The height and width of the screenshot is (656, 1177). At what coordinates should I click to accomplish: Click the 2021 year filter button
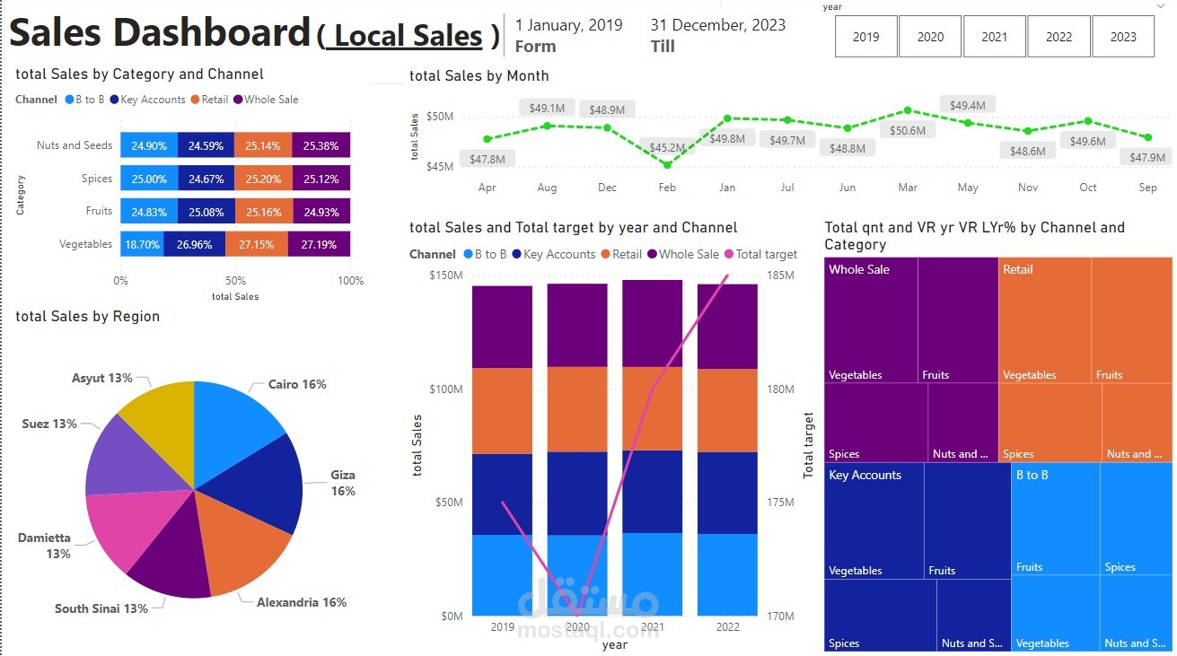click(995, 37)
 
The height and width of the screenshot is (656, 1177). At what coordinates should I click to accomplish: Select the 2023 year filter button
click(1123, 37)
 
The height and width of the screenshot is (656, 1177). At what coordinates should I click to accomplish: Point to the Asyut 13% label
click(101, 379)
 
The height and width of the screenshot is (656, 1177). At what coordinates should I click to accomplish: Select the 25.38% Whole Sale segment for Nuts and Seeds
click(321, 145)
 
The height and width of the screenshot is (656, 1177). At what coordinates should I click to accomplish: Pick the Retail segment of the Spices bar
click(263, 179)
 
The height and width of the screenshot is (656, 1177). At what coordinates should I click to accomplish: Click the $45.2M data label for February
click(667, 147)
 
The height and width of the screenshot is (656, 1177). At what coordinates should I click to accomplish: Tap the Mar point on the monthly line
click(908, 110)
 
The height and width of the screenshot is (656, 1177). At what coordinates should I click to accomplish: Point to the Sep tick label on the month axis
click(1147, 188)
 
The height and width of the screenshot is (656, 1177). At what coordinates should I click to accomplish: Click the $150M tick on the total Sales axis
click(446, 275)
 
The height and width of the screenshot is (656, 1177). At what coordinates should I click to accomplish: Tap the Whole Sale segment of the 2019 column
click(502, 327)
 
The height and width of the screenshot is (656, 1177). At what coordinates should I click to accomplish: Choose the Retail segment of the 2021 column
click(652, 408)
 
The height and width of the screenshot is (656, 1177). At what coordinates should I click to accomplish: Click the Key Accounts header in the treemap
click(865, 476)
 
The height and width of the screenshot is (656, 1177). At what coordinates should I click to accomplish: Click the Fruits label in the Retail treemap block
click(1109, 375)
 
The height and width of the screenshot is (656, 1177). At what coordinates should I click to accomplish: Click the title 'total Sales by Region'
click(88, 317)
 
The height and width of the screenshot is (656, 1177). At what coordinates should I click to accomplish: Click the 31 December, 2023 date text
click(717, 25)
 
